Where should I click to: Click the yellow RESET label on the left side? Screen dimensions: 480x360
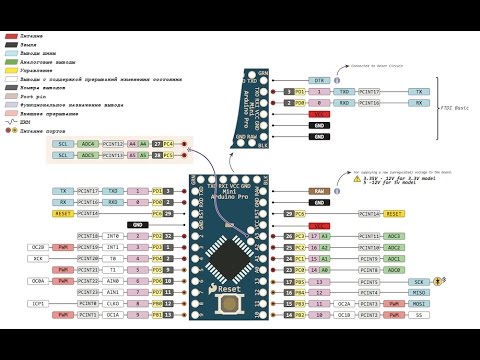pos(63,213)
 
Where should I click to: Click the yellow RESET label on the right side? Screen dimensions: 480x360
pos(394,213)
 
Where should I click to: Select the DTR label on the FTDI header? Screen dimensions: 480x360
pos(320,79)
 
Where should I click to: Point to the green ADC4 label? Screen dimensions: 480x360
pos(89,144)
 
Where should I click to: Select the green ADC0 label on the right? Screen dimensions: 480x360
pos(394,270)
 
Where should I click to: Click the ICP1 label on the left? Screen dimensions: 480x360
pos(38,303)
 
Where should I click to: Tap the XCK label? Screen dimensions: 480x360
pos(38,258)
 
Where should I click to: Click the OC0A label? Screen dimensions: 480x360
pos(38,281)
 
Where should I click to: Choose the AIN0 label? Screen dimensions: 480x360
pos(114,281)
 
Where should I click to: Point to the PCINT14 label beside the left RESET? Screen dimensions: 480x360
pos(88,213)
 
